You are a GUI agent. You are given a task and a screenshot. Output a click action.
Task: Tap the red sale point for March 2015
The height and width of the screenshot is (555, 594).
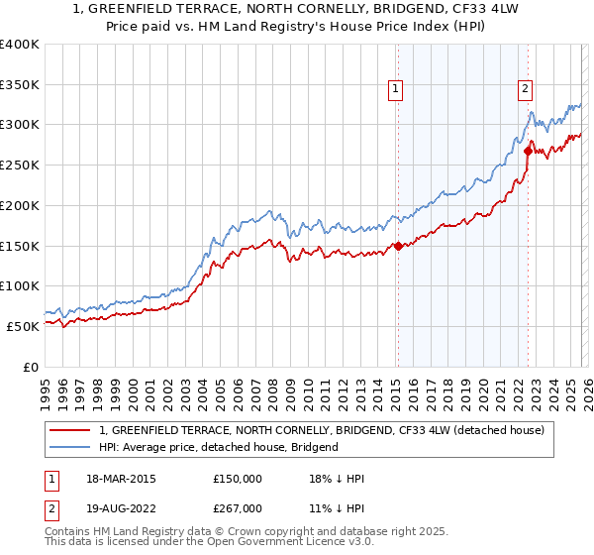(398, 246)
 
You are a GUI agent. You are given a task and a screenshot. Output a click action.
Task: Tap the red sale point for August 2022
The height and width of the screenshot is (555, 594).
(528, 152)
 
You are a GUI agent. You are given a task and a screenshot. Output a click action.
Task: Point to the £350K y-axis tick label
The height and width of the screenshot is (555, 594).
(19, 85)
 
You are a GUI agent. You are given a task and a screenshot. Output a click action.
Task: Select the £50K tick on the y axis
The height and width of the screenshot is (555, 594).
(23, 326)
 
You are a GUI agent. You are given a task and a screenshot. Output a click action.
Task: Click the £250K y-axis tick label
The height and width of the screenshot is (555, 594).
(19, 166)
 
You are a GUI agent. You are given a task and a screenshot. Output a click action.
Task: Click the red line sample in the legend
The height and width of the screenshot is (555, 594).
(70, 431)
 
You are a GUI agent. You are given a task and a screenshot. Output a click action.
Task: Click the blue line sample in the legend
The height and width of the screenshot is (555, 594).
(70, 447)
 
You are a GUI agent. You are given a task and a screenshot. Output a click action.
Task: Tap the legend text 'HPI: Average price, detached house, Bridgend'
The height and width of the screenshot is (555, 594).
(219, 447)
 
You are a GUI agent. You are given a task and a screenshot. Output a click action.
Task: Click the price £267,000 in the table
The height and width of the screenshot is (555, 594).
(238, 508)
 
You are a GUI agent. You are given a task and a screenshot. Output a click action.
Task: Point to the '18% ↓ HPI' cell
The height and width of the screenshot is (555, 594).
(338, 479)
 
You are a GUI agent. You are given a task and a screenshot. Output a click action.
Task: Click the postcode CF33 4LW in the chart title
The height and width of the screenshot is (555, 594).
(391, 7)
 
